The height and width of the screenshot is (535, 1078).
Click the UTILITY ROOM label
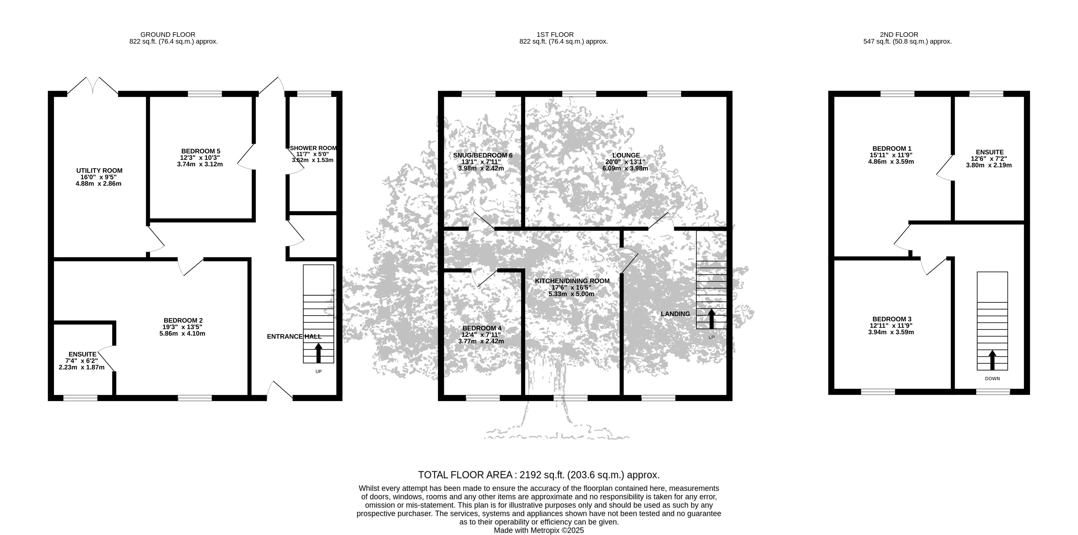coord(99,171)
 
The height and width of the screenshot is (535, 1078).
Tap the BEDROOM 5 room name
coord(200,151)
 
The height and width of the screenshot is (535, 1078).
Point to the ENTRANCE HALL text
coord(294,336)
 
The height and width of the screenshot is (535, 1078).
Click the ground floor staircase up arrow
coord(318,353)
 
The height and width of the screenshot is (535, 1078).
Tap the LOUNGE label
coord(626,155)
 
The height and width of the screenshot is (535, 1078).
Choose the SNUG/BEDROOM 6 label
coord(483,155)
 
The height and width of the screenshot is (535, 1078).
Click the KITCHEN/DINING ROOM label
coord(572,281)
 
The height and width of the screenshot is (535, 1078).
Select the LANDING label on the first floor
coord(675,314)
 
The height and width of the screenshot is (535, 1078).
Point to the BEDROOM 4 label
coord(482,328)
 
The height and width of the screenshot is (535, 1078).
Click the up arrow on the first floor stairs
coord(711,319)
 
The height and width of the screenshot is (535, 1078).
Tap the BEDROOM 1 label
coord(892,148)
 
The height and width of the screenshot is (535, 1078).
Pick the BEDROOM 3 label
coord(892,319)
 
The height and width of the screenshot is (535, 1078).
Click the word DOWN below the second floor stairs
coord(992,379)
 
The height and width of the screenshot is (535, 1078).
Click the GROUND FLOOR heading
coord(168,35)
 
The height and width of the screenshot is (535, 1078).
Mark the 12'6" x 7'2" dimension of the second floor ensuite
coord(989,159)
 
